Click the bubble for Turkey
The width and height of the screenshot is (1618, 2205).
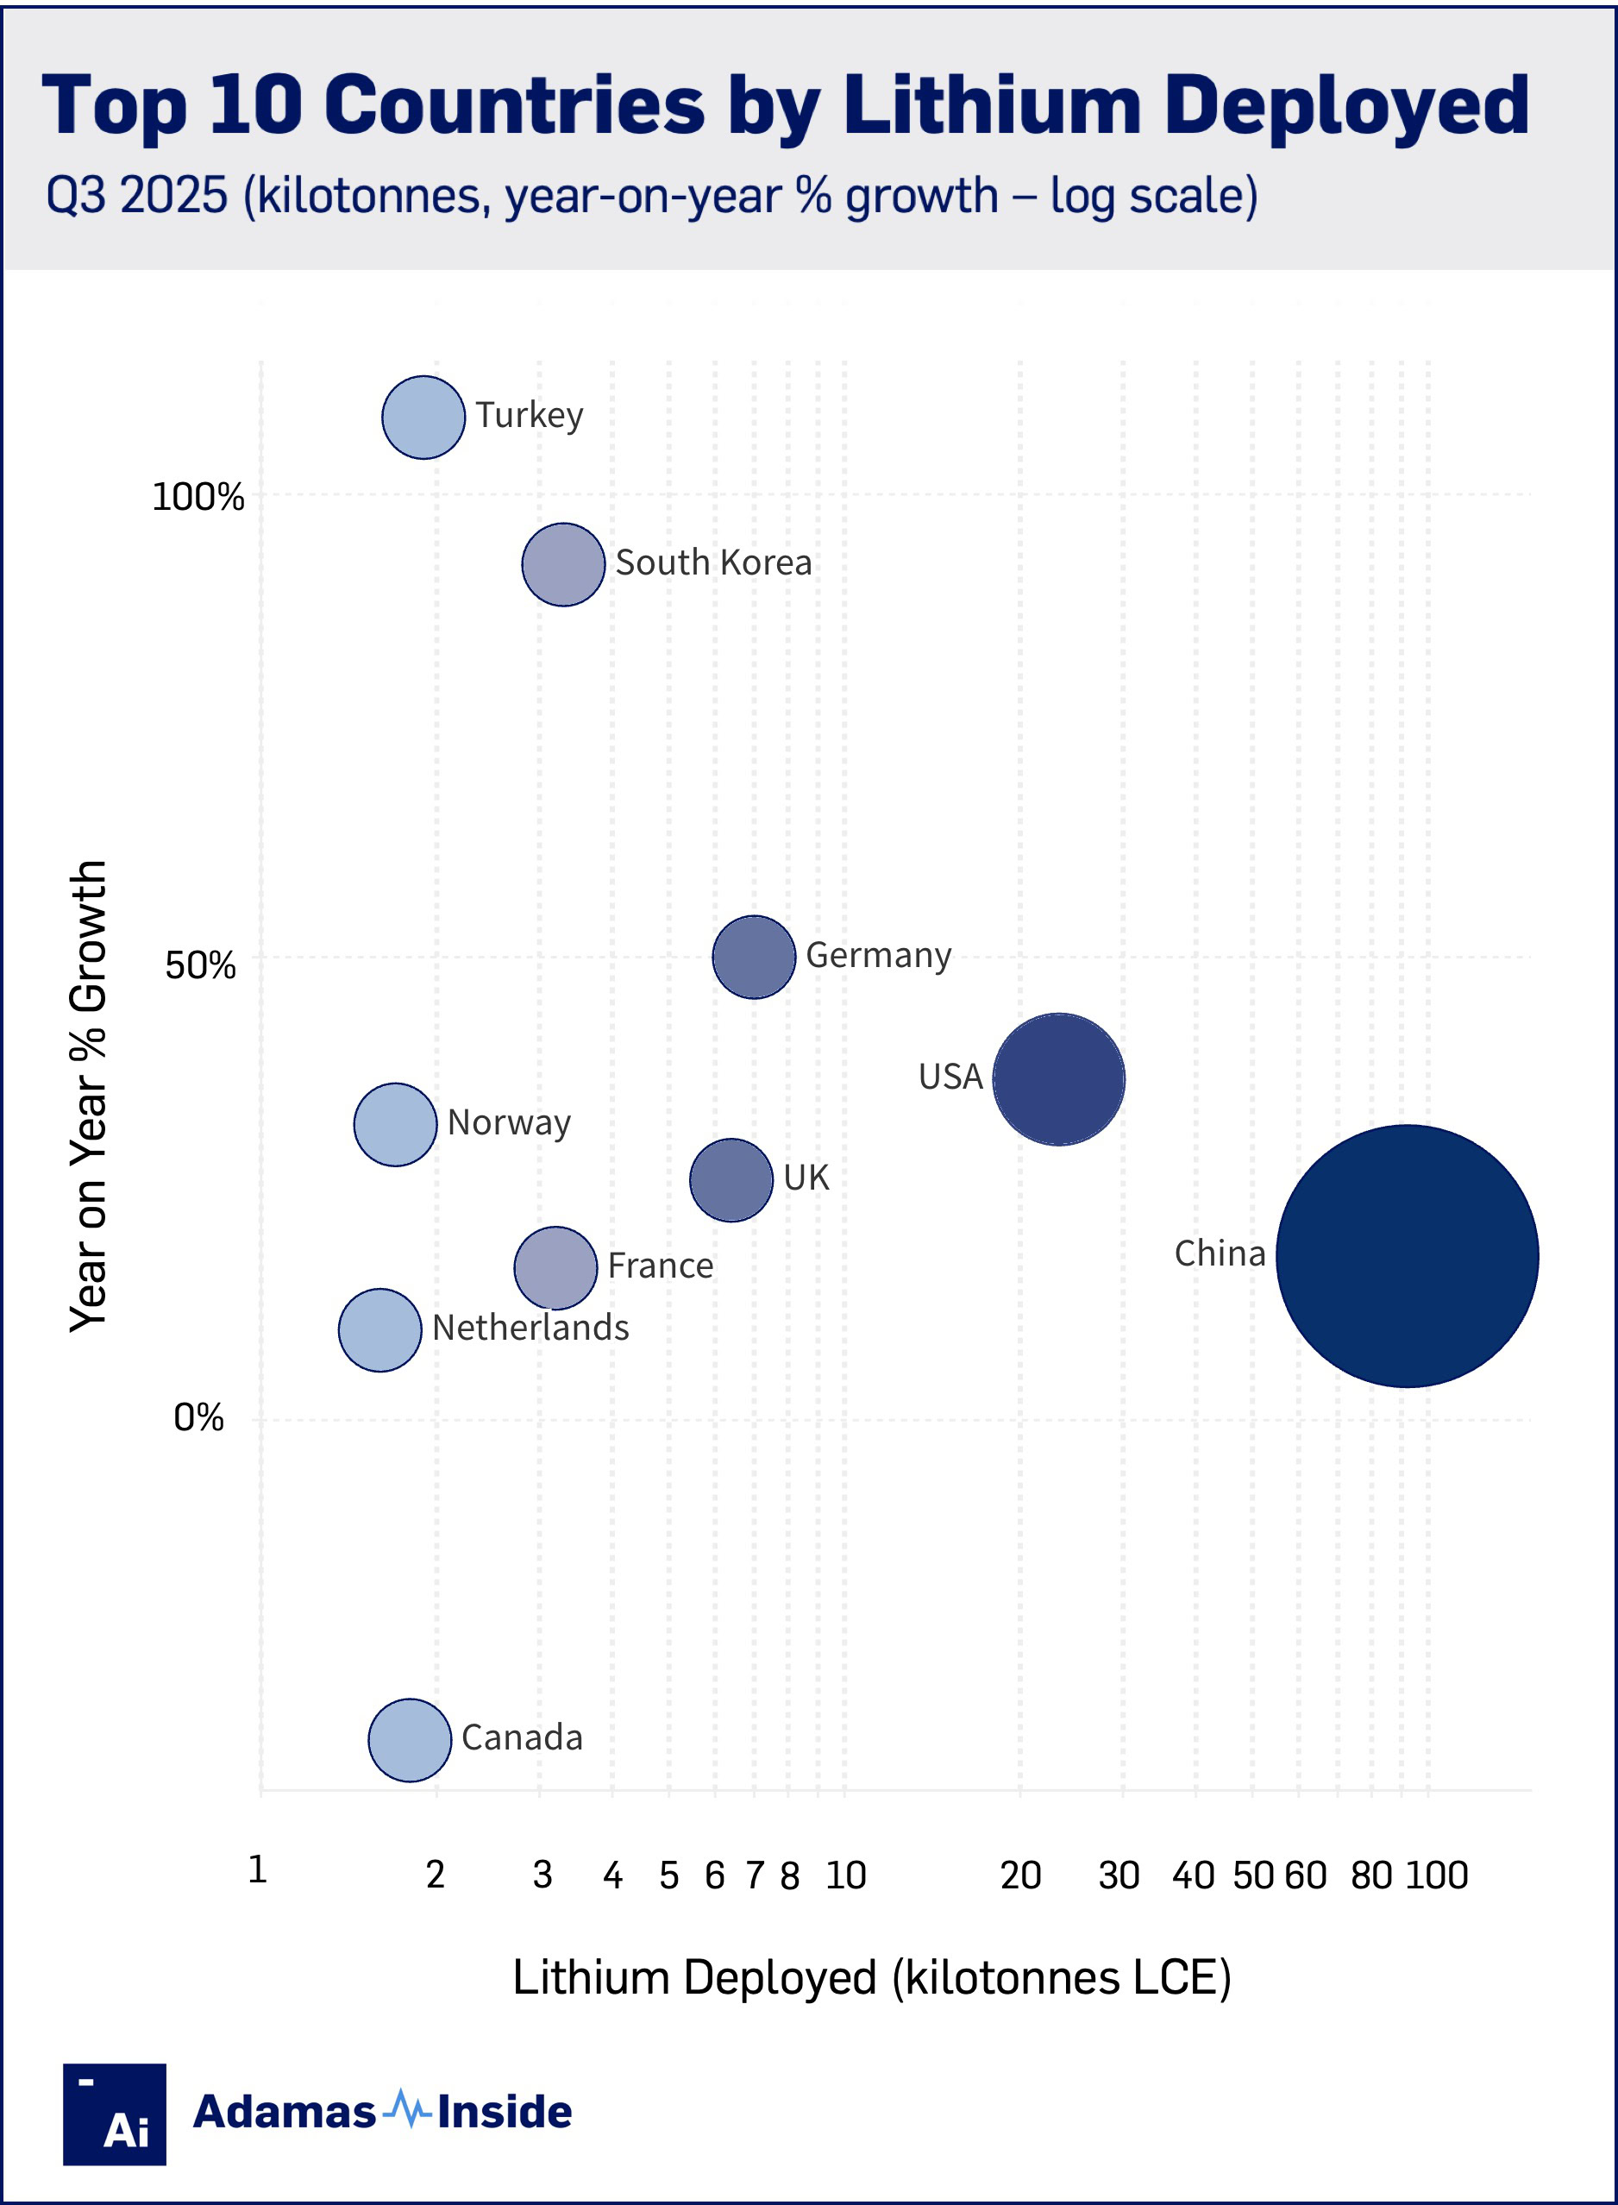pos(423,418)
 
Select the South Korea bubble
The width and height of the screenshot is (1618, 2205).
pos(563,564)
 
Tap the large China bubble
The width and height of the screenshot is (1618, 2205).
pos(1407,1256)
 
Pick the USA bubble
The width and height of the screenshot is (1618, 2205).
pos(1059,1078)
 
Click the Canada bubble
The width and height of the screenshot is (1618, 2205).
pos(410,1740)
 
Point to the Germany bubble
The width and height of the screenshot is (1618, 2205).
pos(753,957)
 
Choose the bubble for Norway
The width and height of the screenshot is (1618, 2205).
pos(395,1125)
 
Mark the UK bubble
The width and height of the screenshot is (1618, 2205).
pos(731,1179)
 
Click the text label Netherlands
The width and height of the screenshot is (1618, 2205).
pos(530,1328)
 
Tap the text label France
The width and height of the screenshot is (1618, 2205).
pos(660,1266)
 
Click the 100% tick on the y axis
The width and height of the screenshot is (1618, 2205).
pos(198,497)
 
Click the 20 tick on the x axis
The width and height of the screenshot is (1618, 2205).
pos(1019,1875)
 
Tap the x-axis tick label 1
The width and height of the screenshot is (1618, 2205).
pos(258,1869)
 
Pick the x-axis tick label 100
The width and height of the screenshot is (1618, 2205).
pos(1437,1875)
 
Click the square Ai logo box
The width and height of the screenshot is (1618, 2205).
pos(115,2114)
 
